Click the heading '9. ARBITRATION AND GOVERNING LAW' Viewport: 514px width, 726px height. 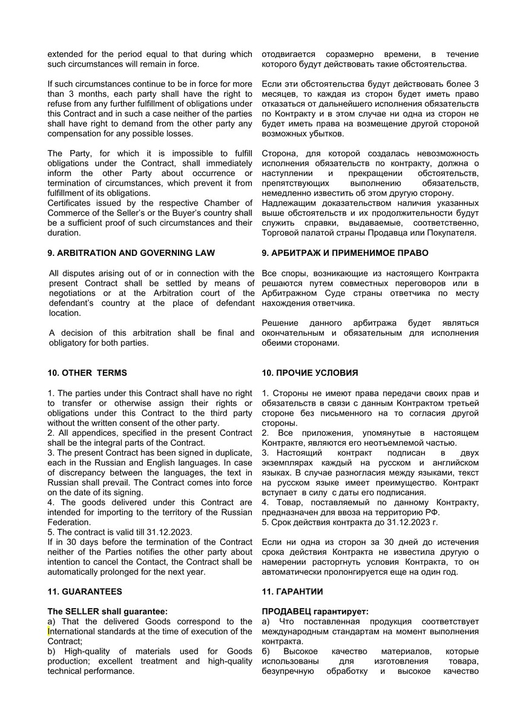click(x=131, y=253)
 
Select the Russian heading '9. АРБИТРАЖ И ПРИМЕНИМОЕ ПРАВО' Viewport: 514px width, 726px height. click(x=345, y=253)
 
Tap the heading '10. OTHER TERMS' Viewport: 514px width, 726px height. click(x=87, y=373)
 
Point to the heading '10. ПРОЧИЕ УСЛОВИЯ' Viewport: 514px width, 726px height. click(x=310, y=373)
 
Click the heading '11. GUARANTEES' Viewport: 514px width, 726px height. click(x=85, y=592)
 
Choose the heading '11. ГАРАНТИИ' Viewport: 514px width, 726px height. click(x=292, y=592)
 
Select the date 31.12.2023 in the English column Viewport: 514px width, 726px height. click(x=170, y=532)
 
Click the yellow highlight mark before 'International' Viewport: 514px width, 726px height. click(x=49, y=632)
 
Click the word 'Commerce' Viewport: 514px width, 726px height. click(x=68, y=213)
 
